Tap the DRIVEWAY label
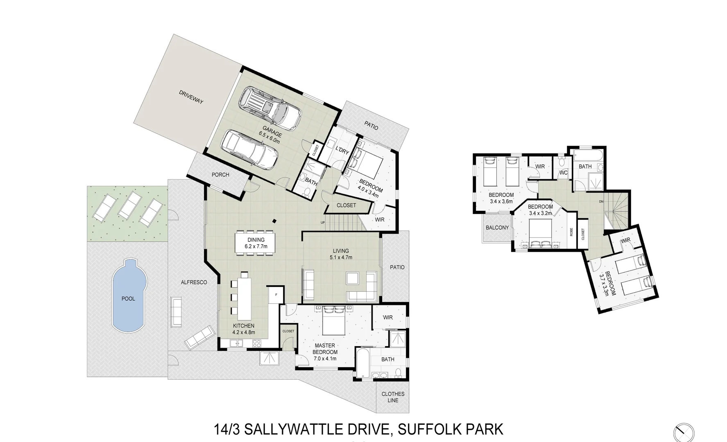[x=191, y=97]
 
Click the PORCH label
[x=220, y=175]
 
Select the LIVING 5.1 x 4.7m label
[x=341, y=254]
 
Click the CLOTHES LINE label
[x=393, y=397]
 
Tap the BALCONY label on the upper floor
[x=497, y=228]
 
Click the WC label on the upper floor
[x=564, y=173]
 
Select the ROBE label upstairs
[x=571, y=232]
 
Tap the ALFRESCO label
[x=194, y=282]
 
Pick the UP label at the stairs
[x=323, y=222]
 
